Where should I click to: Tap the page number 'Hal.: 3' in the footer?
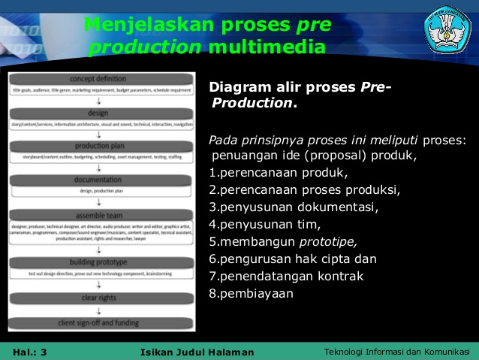pos(30,352)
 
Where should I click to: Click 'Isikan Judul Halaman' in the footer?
pos(197,352)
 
